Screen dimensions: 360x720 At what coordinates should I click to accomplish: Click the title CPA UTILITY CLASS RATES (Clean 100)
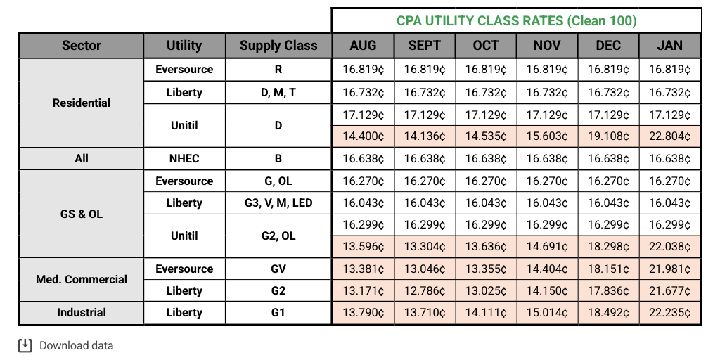point(516,20)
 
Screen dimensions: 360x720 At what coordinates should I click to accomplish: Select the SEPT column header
point(424,46)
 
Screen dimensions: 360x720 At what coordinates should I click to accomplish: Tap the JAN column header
point(669,46)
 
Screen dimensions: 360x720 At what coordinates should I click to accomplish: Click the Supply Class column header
point(278,46)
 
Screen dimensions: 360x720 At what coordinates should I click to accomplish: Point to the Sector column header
point(82,46)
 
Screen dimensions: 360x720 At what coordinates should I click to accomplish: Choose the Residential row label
point(82,103)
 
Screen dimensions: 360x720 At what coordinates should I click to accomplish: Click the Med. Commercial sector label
point(82,279)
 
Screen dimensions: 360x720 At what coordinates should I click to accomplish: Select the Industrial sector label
point(82,313)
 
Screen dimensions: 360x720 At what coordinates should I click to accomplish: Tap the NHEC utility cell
point(184,158)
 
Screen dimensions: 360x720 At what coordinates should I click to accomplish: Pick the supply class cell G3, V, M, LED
point(278,202)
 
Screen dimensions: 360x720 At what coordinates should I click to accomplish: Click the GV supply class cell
point(278,269)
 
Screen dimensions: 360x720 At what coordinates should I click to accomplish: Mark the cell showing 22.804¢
point(669,136)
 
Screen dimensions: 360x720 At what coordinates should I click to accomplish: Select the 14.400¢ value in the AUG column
point(363,136)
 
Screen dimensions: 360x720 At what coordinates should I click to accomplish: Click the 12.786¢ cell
point(424,291)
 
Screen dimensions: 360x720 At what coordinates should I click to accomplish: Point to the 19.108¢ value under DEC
point(608,136)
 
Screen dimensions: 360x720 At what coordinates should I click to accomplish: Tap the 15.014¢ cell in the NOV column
point(547,313)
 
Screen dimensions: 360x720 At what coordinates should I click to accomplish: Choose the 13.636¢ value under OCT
point(485,247)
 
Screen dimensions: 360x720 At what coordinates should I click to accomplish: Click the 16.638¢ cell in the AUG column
point(363,158)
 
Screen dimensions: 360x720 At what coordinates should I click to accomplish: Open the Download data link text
point(76,345)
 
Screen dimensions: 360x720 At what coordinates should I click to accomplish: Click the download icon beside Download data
point(25,345)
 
